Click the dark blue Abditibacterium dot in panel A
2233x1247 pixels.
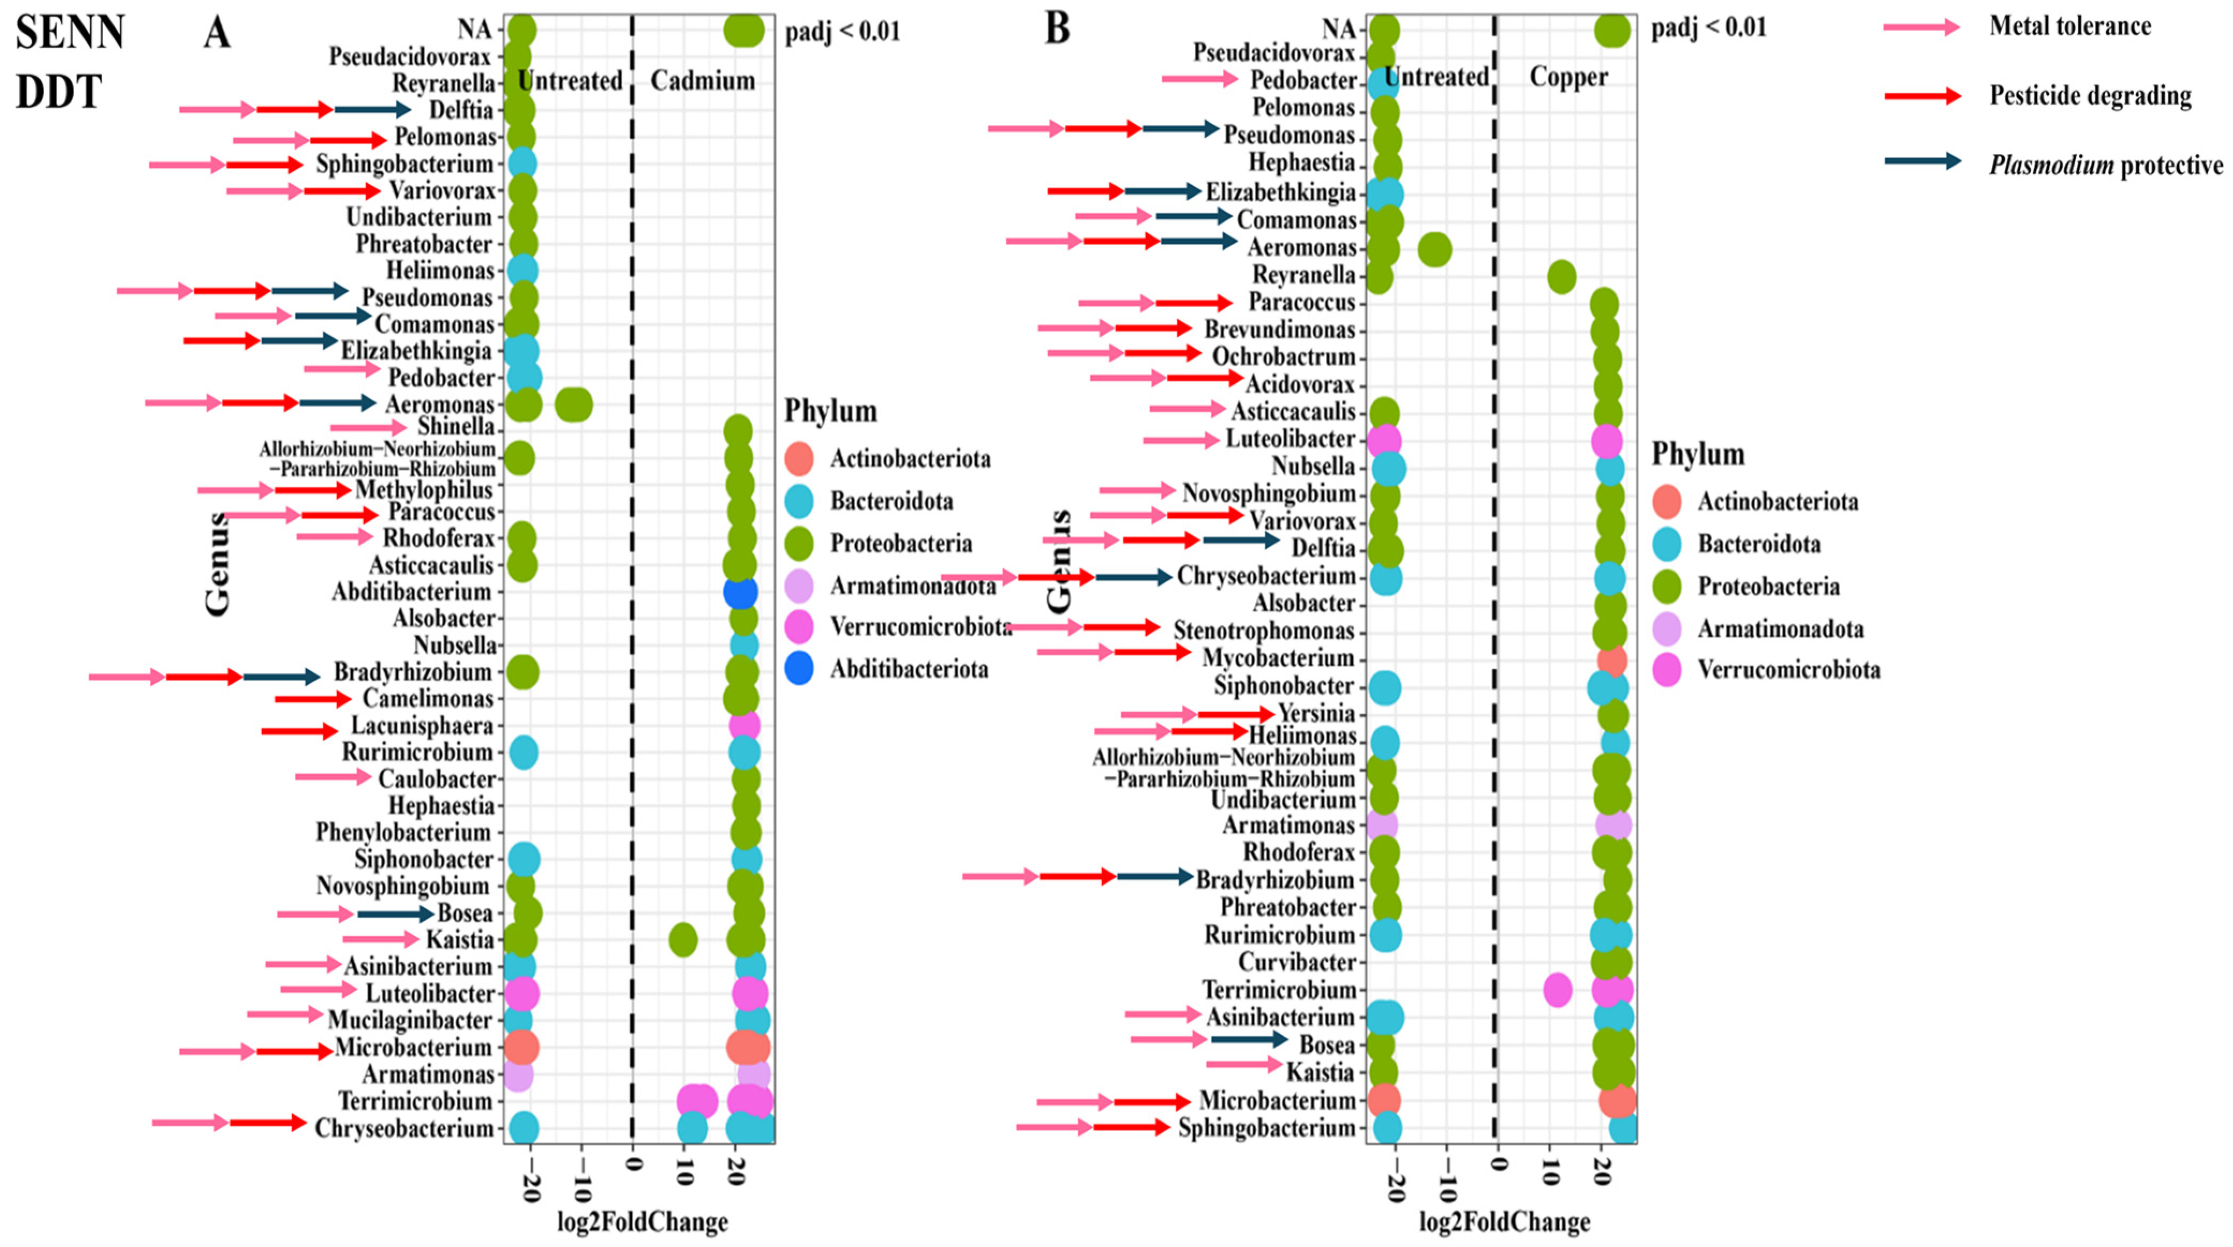pyautogui.click(x=740, y=593)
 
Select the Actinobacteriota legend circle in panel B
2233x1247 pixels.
pyautogui.click(x=1665, y=501)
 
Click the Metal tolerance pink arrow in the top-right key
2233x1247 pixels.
pyautogui.click(x=1921, y=27)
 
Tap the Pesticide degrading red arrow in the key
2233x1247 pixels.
pyautogui.click(x=1922, y=95)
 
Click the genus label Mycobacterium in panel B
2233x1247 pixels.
pyautogui.click(x=1278, y=658)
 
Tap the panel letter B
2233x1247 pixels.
pyautogui.click(x=1058, y=28)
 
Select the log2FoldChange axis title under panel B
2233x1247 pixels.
pyautogui.click(x=1505, y=1222)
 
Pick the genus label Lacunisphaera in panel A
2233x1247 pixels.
pyautogui.click(x=422, y=725)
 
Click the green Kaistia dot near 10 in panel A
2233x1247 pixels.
pyautogui.click(x=683, y=939)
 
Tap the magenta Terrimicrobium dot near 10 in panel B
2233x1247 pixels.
pyautogui.click(x=1558, y=990)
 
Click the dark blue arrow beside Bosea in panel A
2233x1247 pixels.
pyautogui.click(x=395, y=914)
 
